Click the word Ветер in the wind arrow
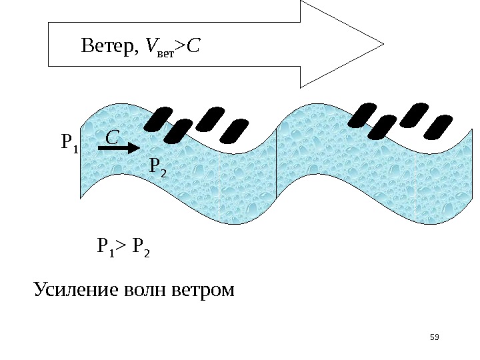(x=107, y=46)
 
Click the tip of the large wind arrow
(x=382, y=45)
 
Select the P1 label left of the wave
(x=69, y=142)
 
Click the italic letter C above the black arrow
(x=113, y=137)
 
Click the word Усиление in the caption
(x=73, y=291)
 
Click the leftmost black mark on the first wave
(x=159, y=119)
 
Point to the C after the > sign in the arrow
(x=195, y=46)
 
